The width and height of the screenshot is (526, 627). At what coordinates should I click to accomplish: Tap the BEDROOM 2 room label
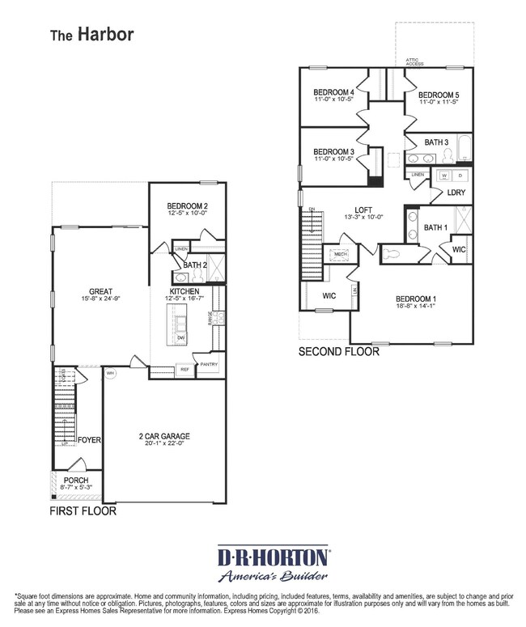[187, 205]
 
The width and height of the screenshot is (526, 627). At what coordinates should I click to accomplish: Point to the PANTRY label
[210, 364]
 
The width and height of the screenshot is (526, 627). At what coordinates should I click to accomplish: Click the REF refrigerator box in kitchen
[185, 370]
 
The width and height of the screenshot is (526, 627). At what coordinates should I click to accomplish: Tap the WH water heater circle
[111, 374]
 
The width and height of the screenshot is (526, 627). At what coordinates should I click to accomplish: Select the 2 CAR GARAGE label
[164, 436]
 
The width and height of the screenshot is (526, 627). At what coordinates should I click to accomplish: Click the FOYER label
[89, 440]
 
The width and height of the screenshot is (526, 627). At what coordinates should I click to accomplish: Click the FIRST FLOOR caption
[83, 511]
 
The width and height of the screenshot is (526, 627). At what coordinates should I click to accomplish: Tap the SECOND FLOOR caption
[339, 352]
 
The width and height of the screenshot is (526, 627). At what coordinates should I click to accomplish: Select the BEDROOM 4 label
[334, 93]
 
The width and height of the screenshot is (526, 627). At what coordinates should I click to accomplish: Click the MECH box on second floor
[341, 254]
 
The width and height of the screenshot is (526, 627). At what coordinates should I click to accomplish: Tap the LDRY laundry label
[456, 193]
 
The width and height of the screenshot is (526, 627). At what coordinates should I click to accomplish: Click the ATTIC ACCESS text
[414, 61]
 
